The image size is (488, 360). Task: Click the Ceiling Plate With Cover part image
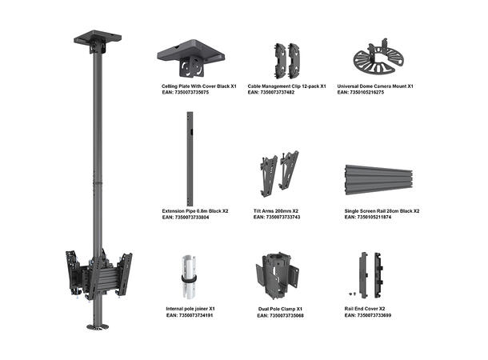click(x=190, y=57)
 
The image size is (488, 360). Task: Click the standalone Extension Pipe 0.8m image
click(x=190, y=157)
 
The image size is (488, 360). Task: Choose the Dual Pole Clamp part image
click(x=277, y=277)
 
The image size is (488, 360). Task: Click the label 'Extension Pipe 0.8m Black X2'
click(x=195, y=211)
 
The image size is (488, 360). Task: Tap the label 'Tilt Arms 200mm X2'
click(x=276, y=211)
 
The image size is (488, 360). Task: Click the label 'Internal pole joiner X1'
click(x=190, y=308)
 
